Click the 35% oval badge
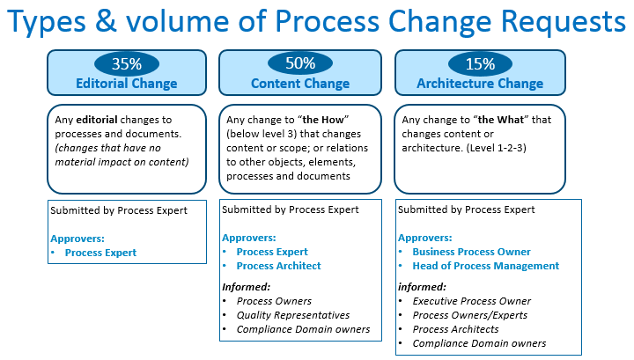[127, 63]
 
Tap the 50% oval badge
[300, 63]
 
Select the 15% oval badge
[480, 63]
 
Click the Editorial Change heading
[127, 84]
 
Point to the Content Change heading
[300, 84]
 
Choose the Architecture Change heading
[480, 84]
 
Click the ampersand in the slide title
[107, 21]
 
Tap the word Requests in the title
[564, 22]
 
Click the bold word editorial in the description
[97, 120]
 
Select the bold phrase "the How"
[326, 120]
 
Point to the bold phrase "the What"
[501, 120]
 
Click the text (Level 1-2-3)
[496, 148]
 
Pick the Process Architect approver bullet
[278, 266]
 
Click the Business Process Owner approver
[471, 252]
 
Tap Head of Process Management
[485, 266]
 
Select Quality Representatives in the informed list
[293, 315]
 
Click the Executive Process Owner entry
[471, 301]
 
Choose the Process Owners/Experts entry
[470, 315]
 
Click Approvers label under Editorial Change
[77, 239]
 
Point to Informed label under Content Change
[246, 287]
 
